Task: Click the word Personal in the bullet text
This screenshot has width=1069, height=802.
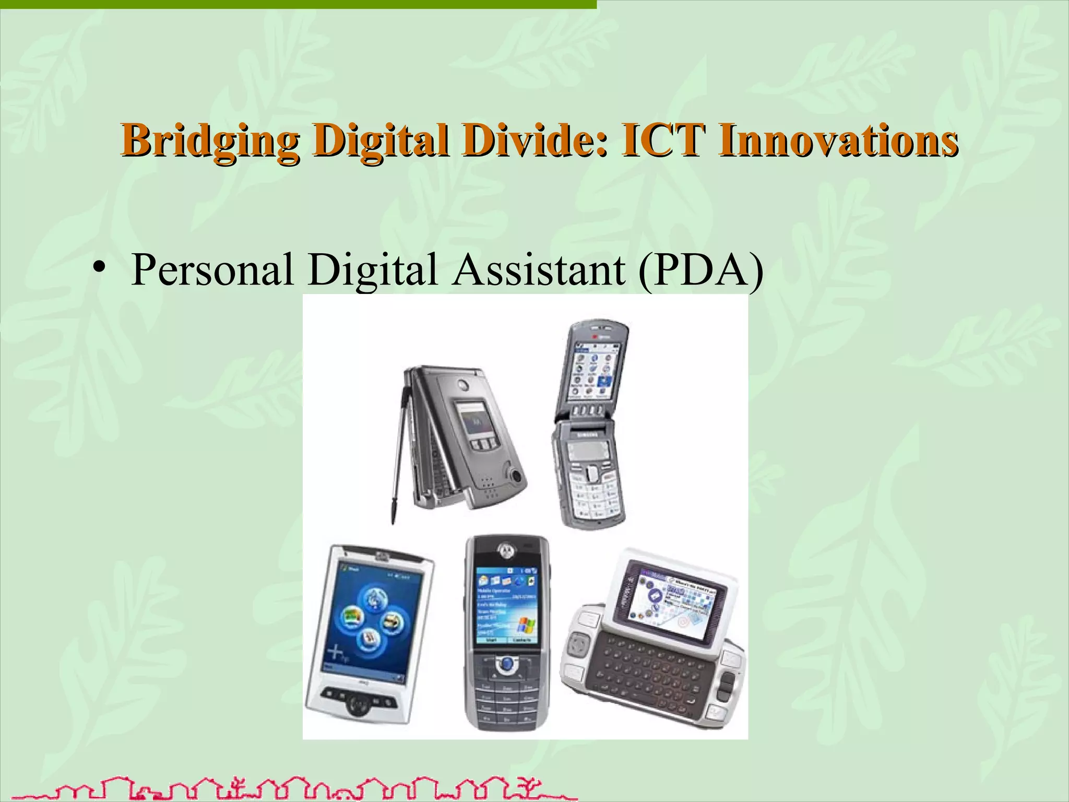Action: click(212, 270)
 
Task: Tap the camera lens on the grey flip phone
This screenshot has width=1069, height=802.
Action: click(517, 476)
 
